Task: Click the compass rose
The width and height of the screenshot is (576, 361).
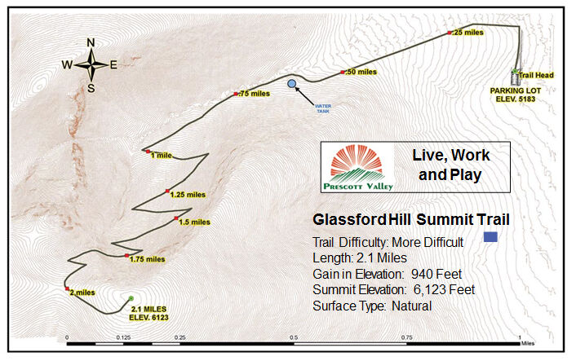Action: coord(91,65)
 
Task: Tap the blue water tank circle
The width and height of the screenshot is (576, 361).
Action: coord(292,83)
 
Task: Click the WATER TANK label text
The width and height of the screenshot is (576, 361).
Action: coord(327,107)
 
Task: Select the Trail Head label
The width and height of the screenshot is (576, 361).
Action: coord(536,75)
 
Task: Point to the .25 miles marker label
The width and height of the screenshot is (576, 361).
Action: coord(468,33)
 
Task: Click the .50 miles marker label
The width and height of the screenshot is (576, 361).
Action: coord(361,73)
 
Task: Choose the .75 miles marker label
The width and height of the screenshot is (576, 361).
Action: coord(254,94)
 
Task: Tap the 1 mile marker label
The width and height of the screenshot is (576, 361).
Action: coord(160,155)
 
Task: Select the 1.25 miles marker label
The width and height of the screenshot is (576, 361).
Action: coord(188,195)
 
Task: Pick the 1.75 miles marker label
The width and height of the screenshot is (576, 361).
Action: coord(148,259)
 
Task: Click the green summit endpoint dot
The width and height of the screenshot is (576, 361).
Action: coord(131,299)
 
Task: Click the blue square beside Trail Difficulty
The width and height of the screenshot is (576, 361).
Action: coord(490,237)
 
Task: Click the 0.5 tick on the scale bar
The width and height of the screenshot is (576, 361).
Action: coord(293,335)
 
